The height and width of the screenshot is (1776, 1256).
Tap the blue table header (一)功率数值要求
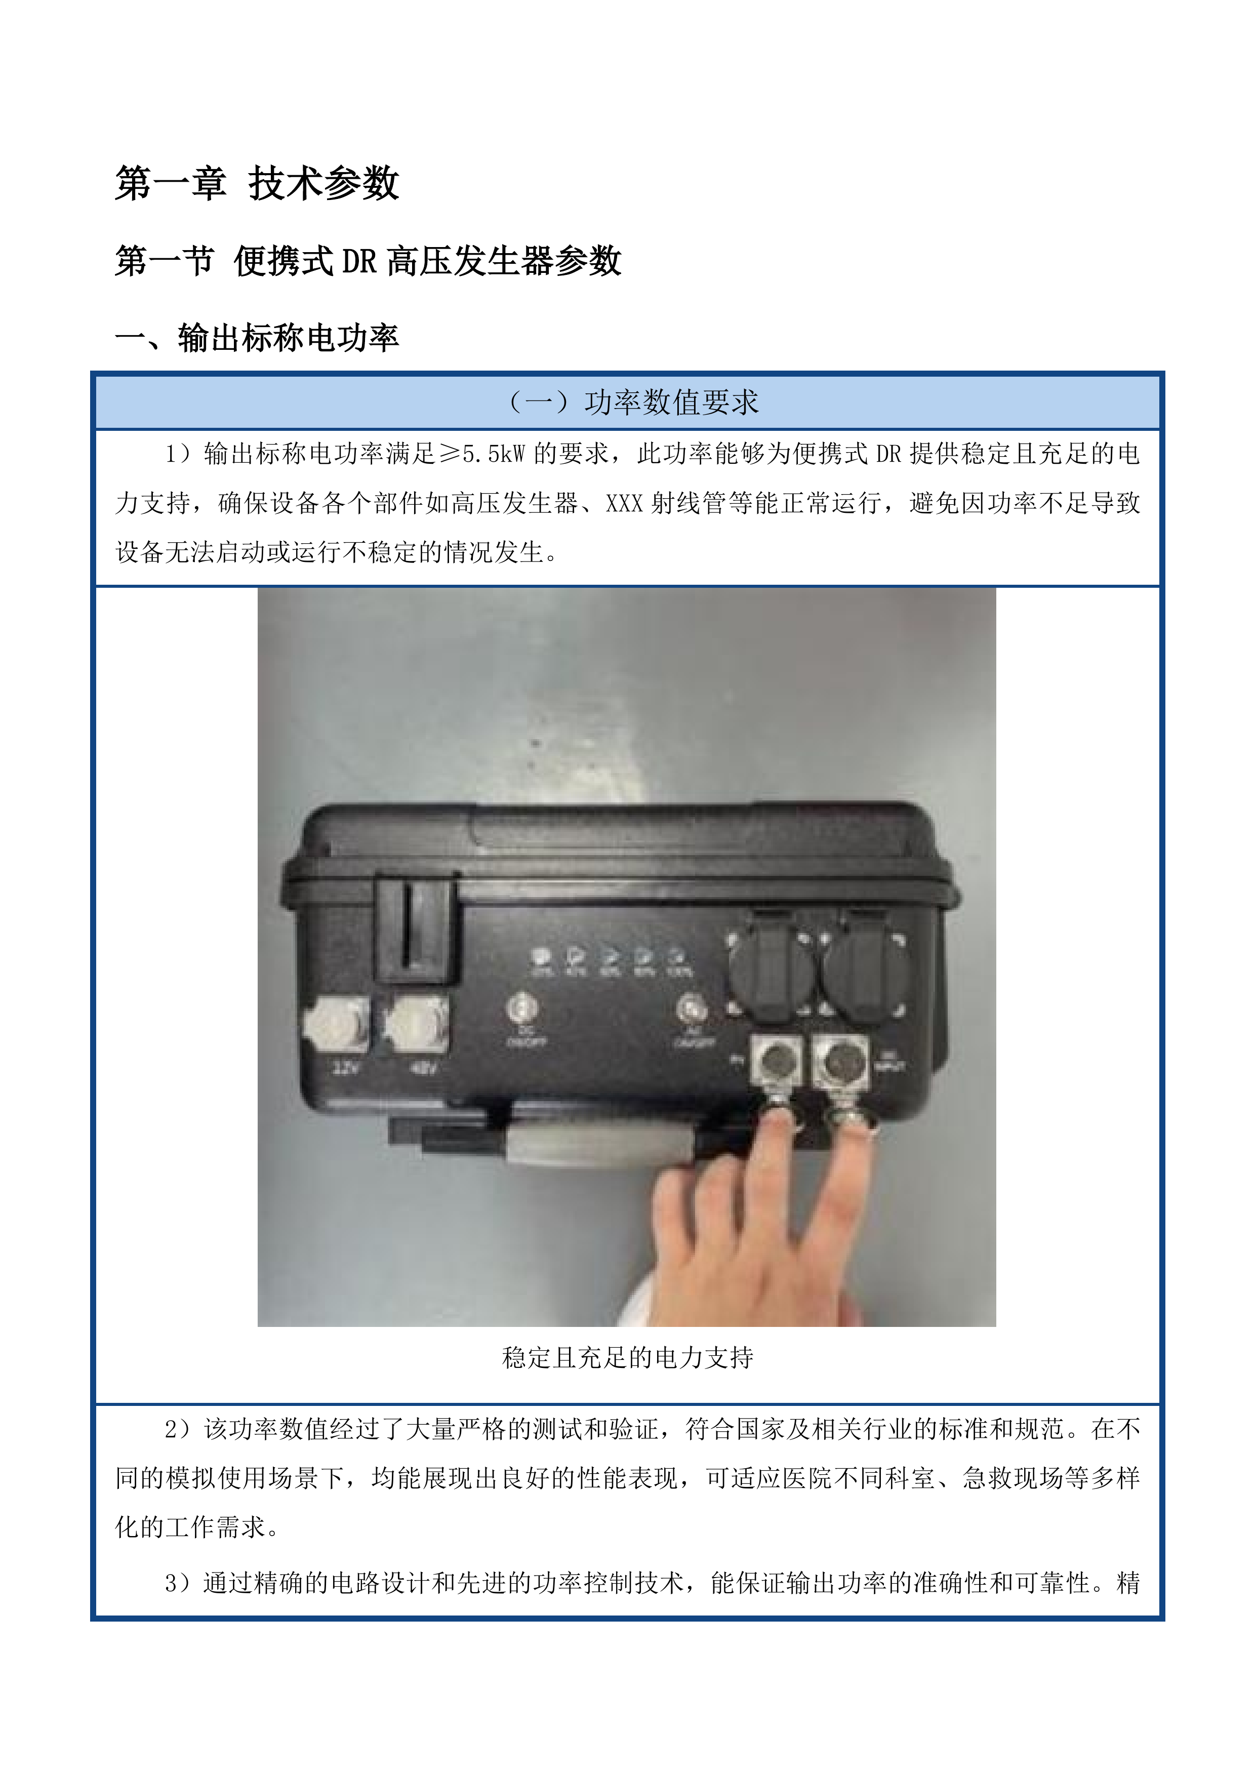(x=627, y=402)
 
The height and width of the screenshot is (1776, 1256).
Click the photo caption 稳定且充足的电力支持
(x=627, y=1357)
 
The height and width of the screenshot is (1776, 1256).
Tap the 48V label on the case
(x=425, y=1068)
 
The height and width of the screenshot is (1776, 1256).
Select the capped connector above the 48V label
(x=417, y=1023)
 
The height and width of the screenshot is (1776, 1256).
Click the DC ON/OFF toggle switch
(x=522, y=1008)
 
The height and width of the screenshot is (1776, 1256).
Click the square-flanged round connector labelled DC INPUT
(x=840, y=1061)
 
